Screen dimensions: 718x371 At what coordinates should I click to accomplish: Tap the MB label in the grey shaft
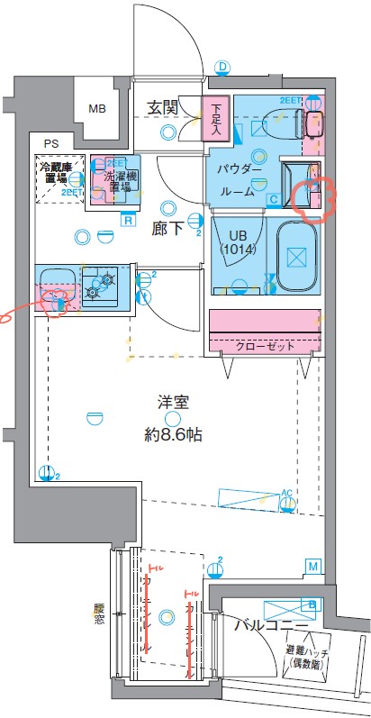(97, 109)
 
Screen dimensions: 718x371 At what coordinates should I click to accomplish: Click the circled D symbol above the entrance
(222, 67)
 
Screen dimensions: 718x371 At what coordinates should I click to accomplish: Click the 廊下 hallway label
(168, 229)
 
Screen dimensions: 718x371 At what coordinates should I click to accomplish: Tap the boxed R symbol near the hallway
(129, 219)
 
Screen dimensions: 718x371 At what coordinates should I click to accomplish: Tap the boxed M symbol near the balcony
(312, 566)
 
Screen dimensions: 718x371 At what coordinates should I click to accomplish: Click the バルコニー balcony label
(268, 623)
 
